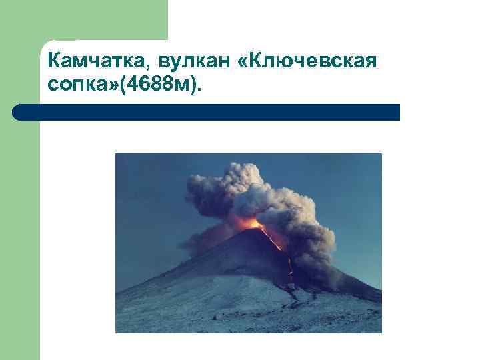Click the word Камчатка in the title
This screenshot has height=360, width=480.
[x=98, y=62]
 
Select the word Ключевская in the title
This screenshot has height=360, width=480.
[x=317, y=62]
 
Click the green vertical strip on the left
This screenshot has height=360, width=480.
[x=20, y=233]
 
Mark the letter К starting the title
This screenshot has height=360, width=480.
[x=54, y=62]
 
